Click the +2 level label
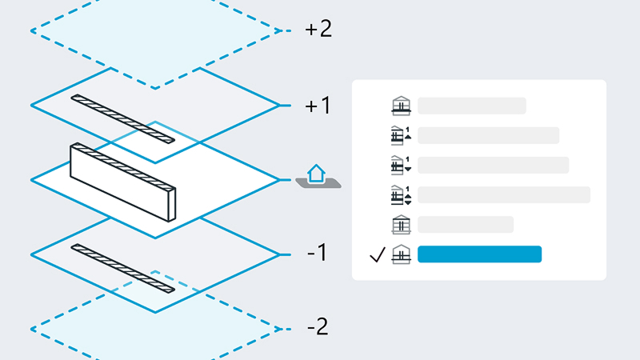point(318,30)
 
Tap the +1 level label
point(318,106)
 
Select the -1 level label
point(317,253)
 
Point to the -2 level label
point(318,326)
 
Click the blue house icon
point(316,174)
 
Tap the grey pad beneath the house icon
point(318,183)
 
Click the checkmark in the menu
point(378,254)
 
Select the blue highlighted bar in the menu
point(479,254)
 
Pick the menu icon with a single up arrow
point(401,135)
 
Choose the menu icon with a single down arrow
point(401,166)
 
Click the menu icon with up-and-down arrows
point(401,195)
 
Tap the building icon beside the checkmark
point(401,254)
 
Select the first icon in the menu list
point(401,106)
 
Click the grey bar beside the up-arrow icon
point(488,135)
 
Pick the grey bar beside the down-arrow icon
point(493,166)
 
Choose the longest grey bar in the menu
point(504,195)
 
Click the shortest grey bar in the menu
point(466,225)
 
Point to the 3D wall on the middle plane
point(123,182)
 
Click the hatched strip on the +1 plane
point(123,118)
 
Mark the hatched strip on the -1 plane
point(123,268)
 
